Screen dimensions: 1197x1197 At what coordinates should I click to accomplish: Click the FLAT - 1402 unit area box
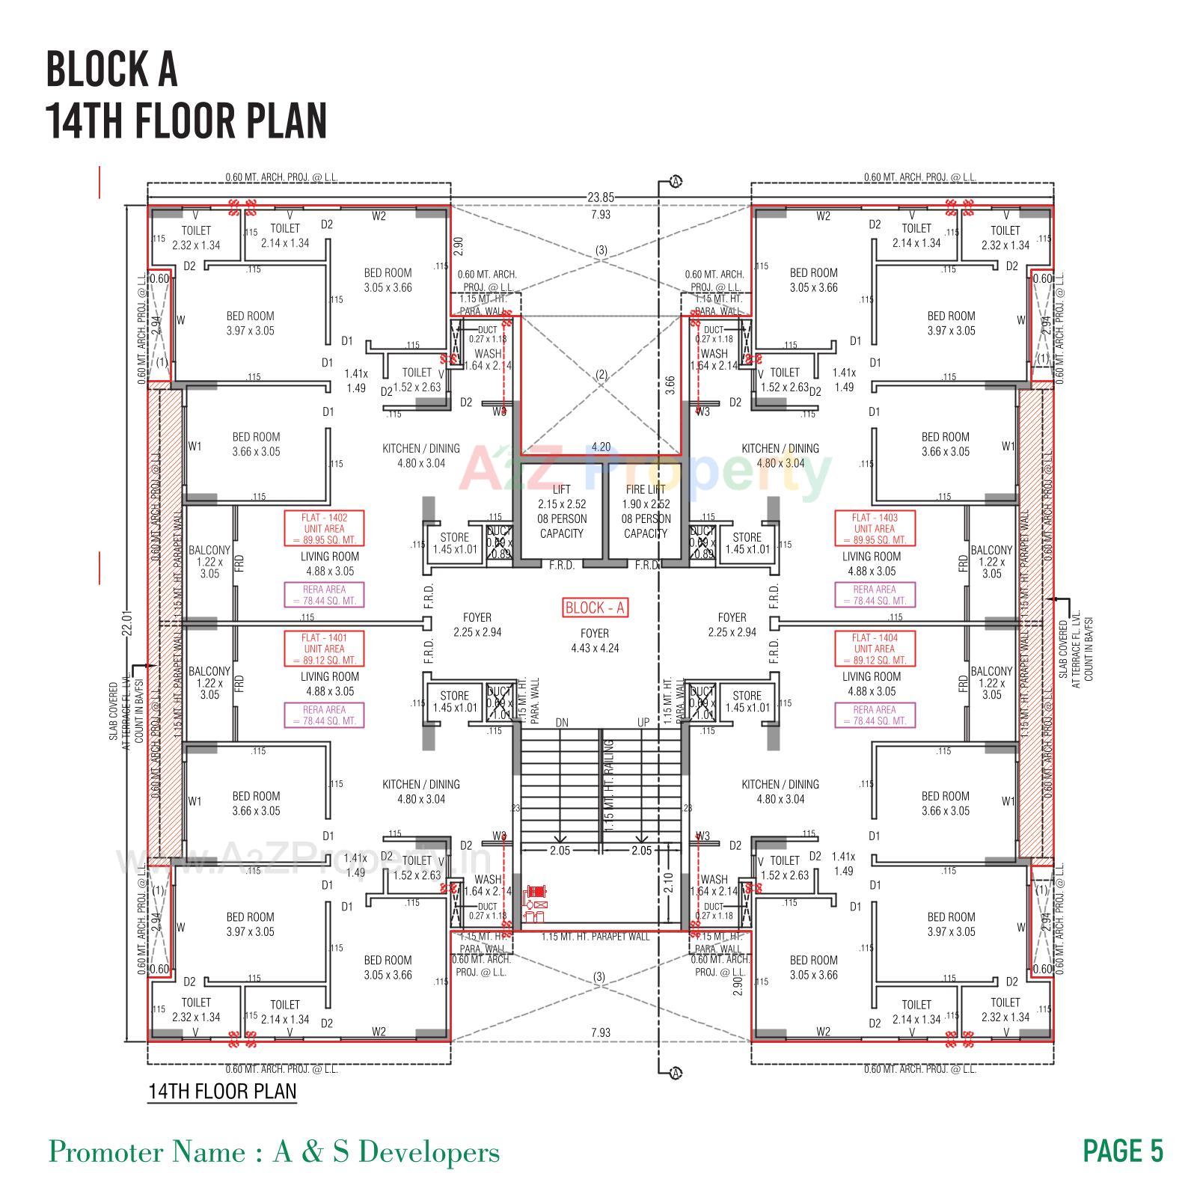point(324,528)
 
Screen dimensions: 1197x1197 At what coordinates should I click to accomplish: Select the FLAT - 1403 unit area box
point(874,528)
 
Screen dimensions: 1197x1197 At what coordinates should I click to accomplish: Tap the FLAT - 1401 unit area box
point(324,649)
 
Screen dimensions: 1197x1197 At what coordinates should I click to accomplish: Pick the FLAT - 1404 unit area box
point(874,649)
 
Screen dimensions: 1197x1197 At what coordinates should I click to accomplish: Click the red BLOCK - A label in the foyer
point(595,608)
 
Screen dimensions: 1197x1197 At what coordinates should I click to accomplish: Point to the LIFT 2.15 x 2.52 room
point(561,512)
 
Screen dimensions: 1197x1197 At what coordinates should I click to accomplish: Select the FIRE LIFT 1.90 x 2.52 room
point(645,512)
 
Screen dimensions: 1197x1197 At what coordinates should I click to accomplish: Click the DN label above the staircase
point(563,723)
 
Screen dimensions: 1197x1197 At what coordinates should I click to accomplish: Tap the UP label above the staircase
point(643,723)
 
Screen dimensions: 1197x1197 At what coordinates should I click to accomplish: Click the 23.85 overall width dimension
point(600,198)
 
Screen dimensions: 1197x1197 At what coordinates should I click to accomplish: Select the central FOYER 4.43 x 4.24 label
point(595,641)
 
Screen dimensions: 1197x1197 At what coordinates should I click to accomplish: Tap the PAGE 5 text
point(1123,1151)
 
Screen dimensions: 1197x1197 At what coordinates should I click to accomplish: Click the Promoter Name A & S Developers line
point(274,1151)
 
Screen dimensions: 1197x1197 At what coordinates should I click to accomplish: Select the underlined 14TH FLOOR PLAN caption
point(222,1091)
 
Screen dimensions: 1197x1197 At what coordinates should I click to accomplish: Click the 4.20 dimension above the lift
point(601,447)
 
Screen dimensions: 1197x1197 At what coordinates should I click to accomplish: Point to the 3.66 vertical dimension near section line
point(670,385)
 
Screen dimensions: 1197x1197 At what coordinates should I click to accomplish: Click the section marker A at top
point(676,182)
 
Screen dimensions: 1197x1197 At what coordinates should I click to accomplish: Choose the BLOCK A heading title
point(112,69)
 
